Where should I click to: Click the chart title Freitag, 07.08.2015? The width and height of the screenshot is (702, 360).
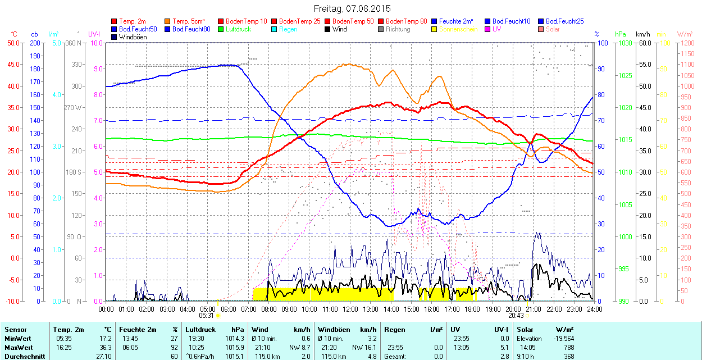click(352, 8)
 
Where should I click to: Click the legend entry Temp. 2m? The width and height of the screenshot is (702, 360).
click(133, 21)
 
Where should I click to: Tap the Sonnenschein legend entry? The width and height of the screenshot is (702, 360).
click(458, 29)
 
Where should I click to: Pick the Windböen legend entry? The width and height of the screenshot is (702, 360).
click(133, 37)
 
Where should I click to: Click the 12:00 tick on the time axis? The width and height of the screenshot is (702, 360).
click(350, 309)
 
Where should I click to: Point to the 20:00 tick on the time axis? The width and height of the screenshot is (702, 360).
click(513, 309)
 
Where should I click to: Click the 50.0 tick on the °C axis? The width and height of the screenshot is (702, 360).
click(12, 43)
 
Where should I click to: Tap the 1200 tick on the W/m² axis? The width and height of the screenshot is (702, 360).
click(687, 43)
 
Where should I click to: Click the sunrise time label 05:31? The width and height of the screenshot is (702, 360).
click(207, 316)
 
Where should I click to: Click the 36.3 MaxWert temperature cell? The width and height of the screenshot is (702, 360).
click(105, 348)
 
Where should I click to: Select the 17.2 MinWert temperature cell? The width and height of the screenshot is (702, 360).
click(105, 339)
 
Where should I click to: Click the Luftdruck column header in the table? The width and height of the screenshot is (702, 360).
click(200, 330)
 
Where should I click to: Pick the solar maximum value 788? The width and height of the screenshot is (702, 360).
click(568, 348)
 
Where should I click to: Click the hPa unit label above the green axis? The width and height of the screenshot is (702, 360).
click(620, 34)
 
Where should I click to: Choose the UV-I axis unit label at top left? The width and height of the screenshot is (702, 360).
click(94, 34)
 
